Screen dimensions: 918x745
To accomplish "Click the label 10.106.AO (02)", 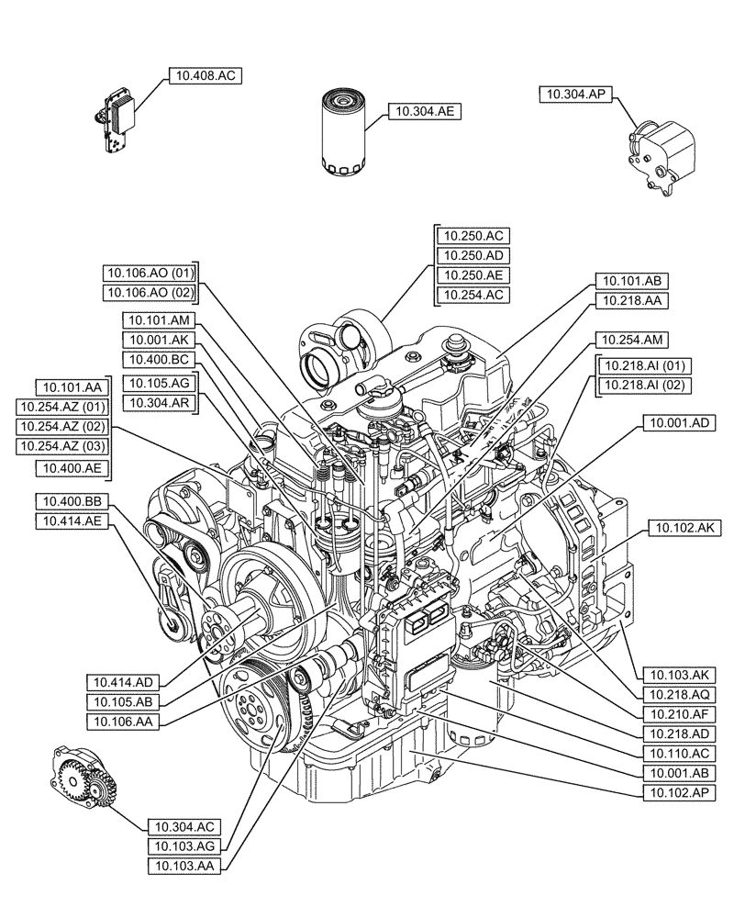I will coord(150,292).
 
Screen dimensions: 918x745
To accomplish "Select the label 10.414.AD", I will coord(124,681).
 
